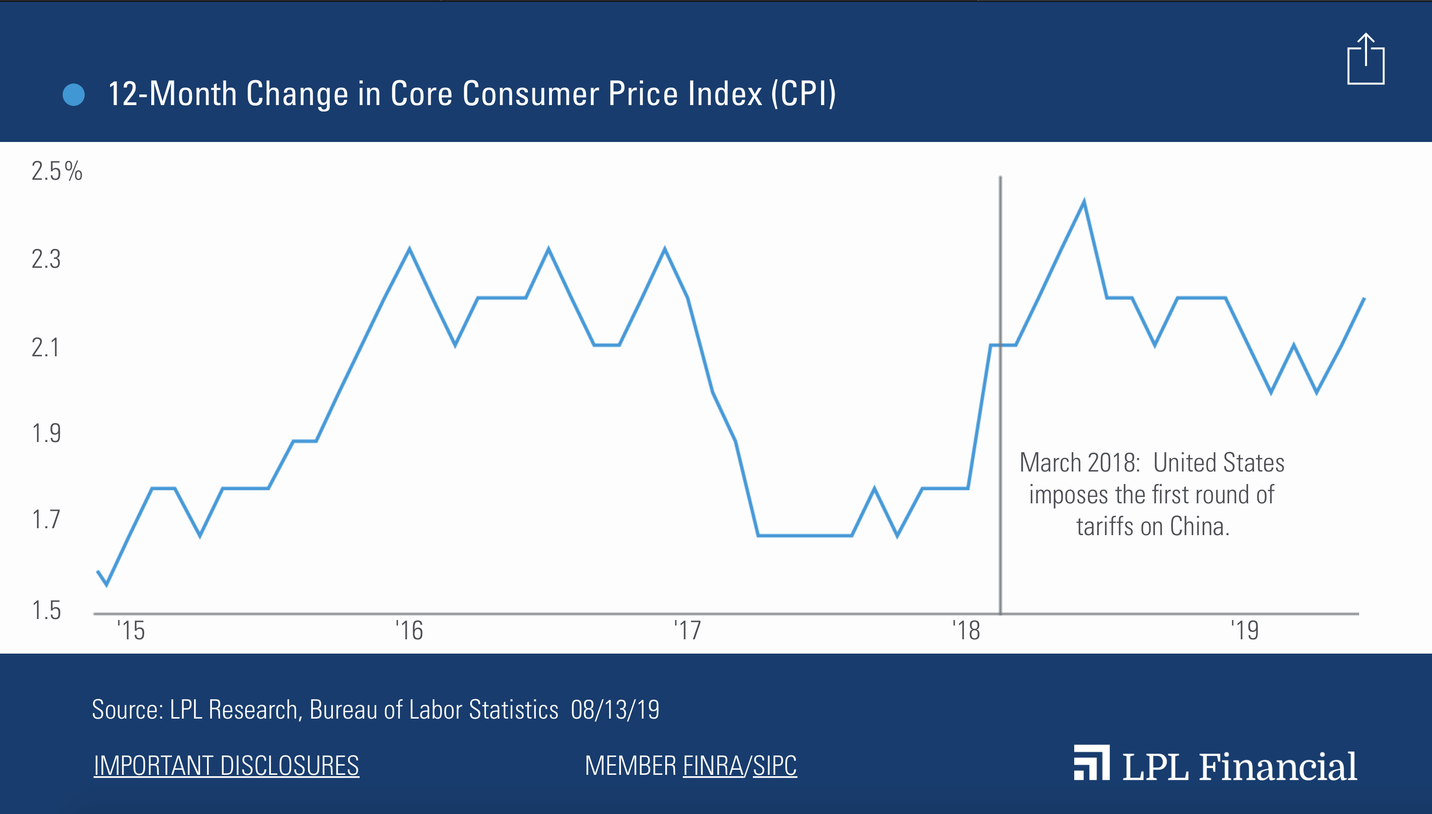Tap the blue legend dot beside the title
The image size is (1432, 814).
click(74, 94)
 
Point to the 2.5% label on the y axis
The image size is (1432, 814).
click(56, 171)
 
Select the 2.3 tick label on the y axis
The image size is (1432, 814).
click(46, 260)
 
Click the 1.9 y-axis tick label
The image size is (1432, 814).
click(46, 434)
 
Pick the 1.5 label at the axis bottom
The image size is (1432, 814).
click(46, 610)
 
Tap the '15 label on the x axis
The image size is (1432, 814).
click(131, 631)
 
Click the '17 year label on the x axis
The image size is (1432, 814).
click(687, 631)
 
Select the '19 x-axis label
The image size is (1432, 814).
click(1245, 631)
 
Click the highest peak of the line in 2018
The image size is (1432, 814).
click(1084, 202)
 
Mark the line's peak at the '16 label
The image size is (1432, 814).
click(410, 249)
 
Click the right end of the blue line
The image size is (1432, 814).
click(1364, 300)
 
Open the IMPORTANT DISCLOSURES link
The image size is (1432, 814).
click(226, 765)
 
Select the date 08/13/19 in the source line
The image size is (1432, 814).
click(615, 710)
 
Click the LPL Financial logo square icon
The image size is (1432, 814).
click(1091, 762)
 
